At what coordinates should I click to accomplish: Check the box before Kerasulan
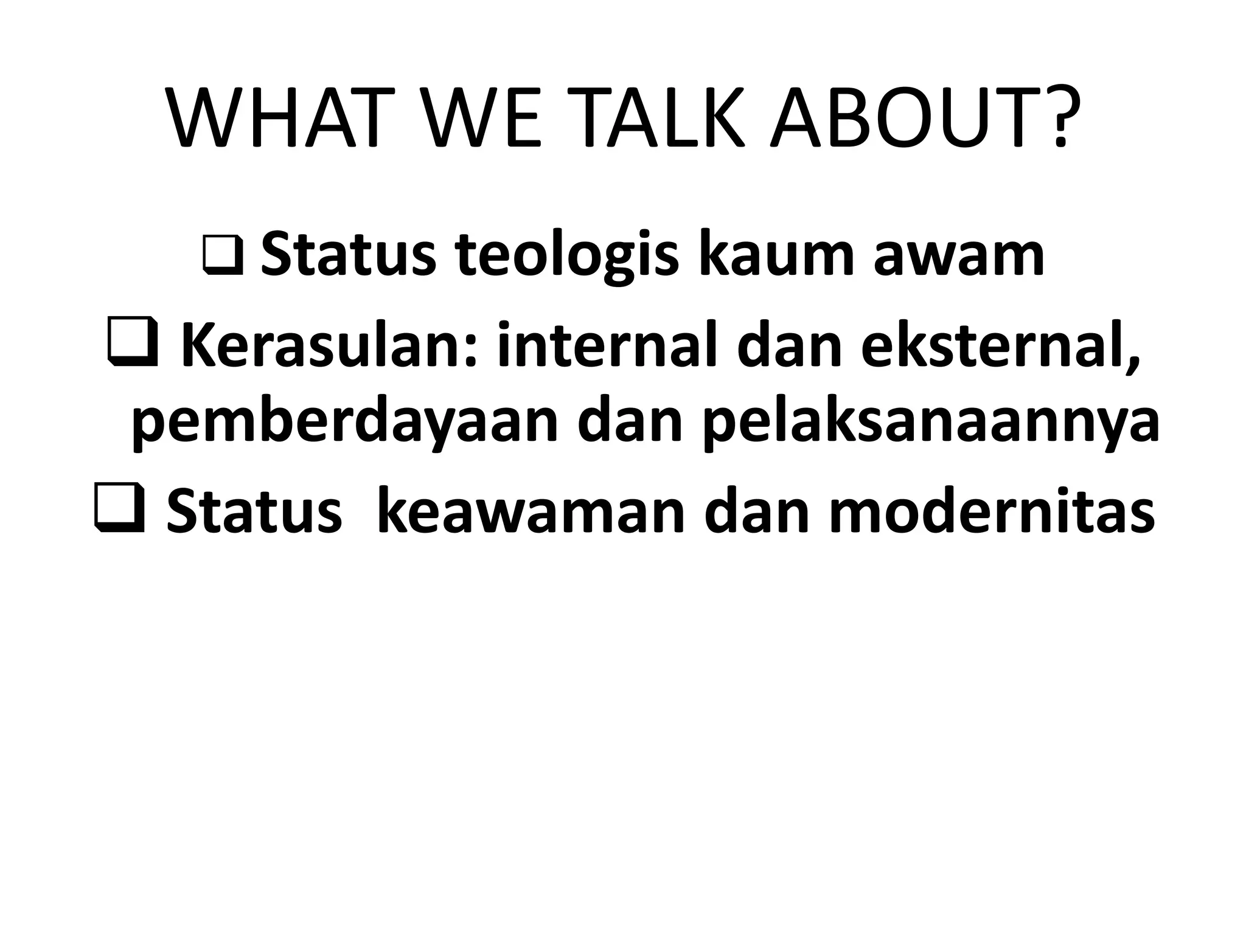133,346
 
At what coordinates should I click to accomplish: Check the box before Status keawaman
119,508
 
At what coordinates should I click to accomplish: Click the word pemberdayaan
344,423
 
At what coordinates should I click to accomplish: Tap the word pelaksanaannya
931,423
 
